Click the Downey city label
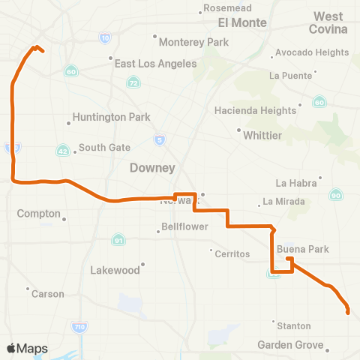152,167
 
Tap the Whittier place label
262,136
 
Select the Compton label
39,213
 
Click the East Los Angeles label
155,64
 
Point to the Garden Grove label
289,345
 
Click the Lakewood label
115,269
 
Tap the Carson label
48,294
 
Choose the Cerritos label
232,254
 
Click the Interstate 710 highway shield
80,326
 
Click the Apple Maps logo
27,348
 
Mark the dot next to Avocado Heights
271,53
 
